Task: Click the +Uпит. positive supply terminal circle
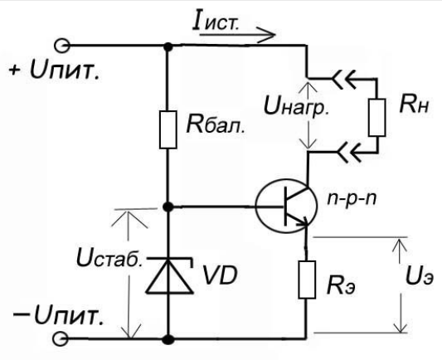61,46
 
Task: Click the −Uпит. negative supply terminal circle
61,338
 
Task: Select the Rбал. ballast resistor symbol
168,129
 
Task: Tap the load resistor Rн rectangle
376,117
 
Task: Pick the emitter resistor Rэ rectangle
307,280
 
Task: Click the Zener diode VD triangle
169,277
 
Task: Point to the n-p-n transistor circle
286,206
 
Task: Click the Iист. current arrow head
266,35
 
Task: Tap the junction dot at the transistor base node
168,207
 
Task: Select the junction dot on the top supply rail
168,46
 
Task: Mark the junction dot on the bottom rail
168,339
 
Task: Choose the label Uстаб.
109,259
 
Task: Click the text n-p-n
352,200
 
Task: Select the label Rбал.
216,124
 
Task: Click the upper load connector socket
344,78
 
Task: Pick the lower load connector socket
349,153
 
